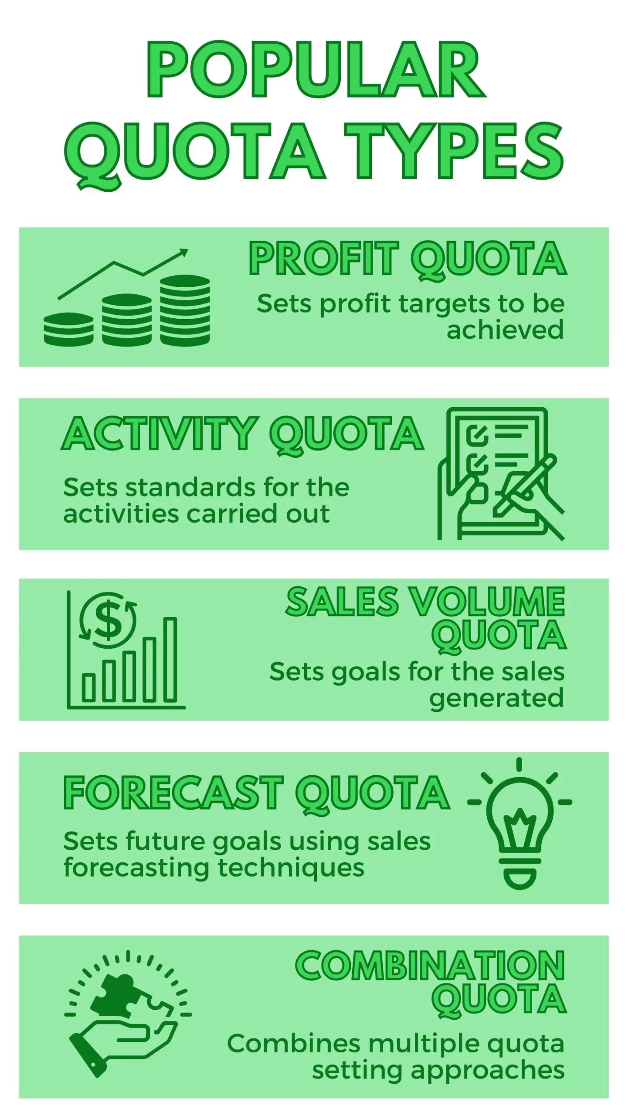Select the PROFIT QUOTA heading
pos(408,260)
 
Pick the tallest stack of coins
pos(185,310)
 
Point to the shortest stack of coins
pos(68,330)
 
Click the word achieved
pos(505,330)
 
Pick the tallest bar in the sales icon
pos(170,660)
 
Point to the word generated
pos(496,699)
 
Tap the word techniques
pos(291,868)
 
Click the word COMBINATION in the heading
pos(430,966)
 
